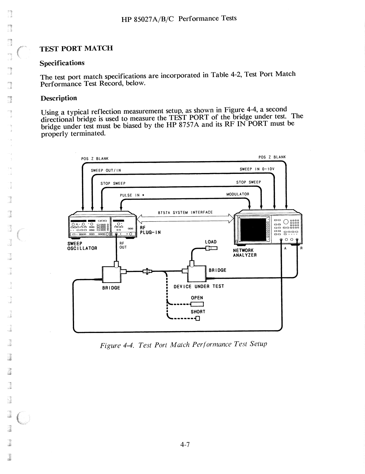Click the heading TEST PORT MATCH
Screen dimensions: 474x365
coord(76,48)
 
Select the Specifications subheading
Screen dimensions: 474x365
coord(62,63)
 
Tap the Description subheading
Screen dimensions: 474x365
coord(59,98)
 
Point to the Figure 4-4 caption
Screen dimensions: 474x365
coord(183,345)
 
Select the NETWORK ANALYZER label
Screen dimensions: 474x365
coord(244,253)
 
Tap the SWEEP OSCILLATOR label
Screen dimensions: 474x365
coord(82,246)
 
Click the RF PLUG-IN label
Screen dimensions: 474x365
coord(150,230)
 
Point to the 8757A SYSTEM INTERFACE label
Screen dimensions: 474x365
coord(185,212)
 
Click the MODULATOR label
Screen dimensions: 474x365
coord(238,194)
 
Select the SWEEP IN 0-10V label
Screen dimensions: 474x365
coord(257,169)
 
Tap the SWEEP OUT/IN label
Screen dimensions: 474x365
coord(106,170)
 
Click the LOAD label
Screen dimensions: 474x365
coord(211,242)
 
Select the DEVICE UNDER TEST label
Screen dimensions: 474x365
coord(198,286)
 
